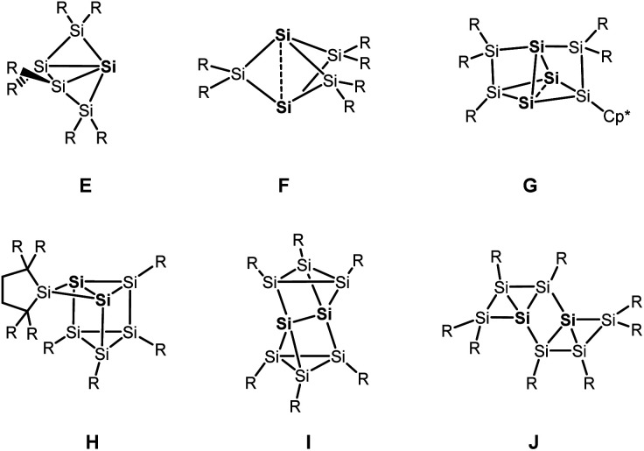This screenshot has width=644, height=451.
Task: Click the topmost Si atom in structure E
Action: [79, 31]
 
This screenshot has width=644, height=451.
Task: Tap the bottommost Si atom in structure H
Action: [104, 354]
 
